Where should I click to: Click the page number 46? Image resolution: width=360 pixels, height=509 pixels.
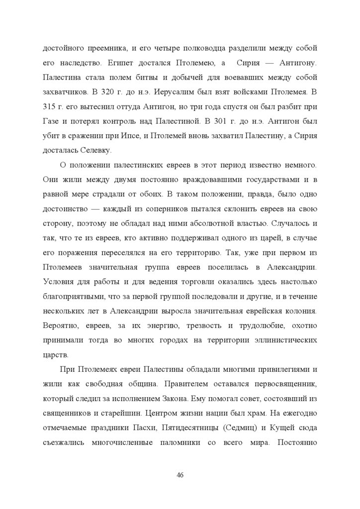(x=180, y=475)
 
